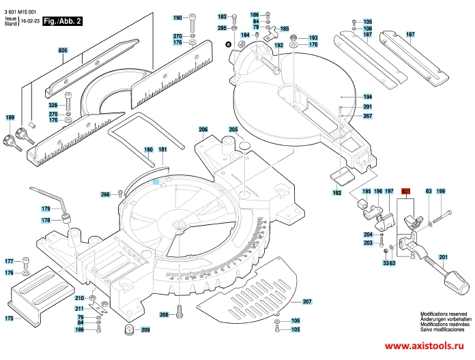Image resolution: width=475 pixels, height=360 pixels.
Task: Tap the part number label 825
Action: pos(63,51)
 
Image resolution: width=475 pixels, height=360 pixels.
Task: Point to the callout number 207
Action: pos(306,301)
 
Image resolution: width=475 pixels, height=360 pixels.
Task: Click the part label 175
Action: pos(9,318)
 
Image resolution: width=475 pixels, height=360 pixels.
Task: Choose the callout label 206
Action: pos(203,130)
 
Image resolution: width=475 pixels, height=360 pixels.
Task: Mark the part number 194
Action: pos(367,97)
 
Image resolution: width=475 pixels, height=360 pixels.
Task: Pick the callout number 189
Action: pos(10,118)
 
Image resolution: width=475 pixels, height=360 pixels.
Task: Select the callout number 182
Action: pos(336,194)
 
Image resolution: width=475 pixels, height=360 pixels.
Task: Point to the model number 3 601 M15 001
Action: pos(20,5)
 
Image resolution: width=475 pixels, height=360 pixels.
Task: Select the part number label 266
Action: pos(105,195)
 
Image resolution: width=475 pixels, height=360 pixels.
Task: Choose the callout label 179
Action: pos(46,209)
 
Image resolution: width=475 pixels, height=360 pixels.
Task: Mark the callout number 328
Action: pos(53,105)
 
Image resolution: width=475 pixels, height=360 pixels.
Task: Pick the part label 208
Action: pos(164,314)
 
